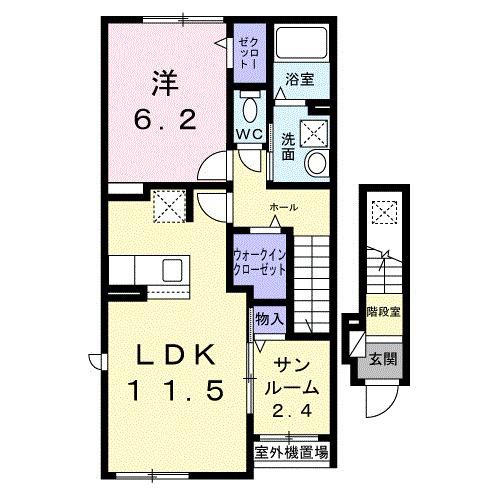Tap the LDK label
(x=175, y=354)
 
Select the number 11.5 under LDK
(x=175, y=390)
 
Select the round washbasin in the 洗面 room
(x=317, y=164)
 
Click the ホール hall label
(x=283, y=207)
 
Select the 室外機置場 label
(x=291, y=452)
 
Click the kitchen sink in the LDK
(x=171, y=269)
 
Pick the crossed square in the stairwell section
(x=383, y=212)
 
